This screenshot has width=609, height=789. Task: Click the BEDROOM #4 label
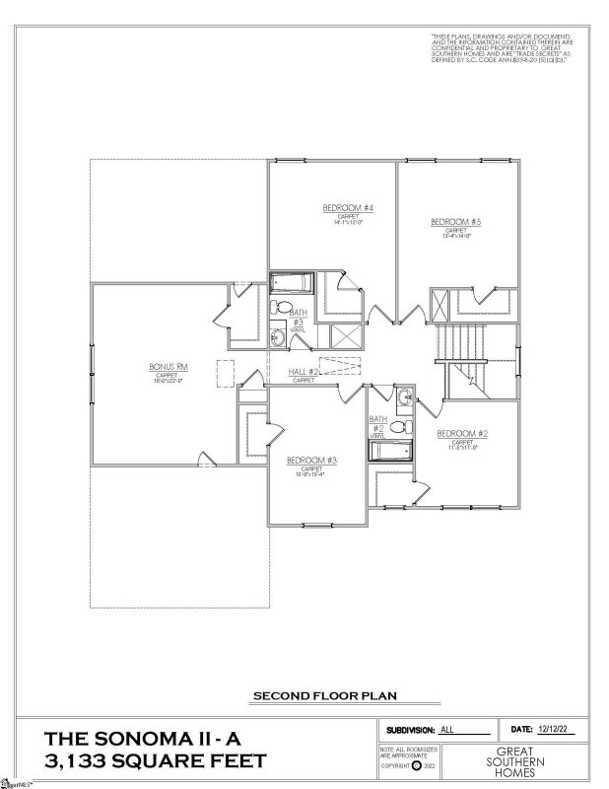(332, 208)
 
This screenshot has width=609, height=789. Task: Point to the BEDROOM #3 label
(311, 461)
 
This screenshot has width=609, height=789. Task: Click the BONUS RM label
(162, 367)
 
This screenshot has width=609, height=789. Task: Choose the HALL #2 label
(303, 372)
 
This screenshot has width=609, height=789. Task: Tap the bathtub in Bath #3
(291, 284)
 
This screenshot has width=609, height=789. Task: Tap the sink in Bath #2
(403, 399)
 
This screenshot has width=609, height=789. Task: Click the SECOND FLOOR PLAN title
(325, 695)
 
